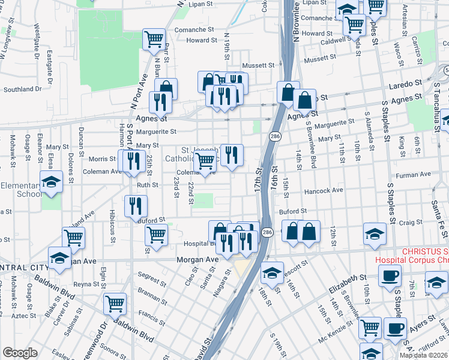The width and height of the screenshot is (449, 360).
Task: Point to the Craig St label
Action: tap(411, 222)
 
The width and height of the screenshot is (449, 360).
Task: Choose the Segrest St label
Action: tap(151, 280)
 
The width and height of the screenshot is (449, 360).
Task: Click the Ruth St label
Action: tap(147, 185)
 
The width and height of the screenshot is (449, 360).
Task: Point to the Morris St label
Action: tap(102, 159)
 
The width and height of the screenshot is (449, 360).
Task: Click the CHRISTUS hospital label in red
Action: tap(411, 256)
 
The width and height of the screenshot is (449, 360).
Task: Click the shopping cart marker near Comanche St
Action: tap(154, 39)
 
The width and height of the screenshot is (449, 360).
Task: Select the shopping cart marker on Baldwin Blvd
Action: tap(115, 302)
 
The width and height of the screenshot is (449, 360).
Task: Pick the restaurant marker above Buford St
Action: tap(136, 205)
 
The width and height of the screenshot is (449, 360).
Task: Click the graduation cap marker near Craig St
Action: tap(375, 234)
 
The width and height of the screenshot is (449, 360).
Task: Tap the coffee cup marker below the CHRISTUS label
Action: tap(390, 275)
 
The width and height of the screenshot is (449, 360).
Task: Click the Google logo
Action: tap(20, 353)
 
